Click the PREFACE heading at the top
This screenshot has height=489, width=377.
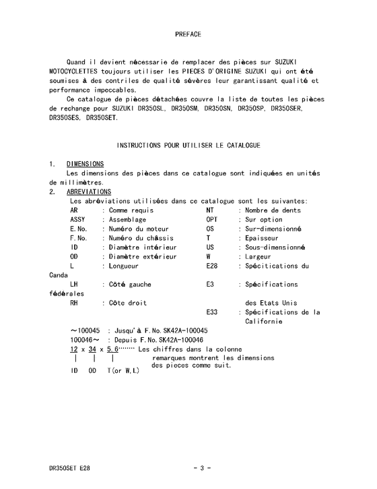pyautogui.click(x=188, y=34)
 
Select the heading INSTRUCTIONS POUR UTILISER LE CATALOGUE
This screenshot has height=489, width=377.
pyautogui.click(x=188, y=145)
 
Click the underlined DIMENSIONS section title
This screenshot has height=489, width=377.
pyautogui.click(x=85, y=164)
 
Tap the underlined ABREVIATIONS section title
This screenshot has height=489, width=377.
pyautogui.click(x=89, y=192)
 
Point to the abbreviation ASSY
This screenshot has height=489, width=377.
pyautogui.click(x=77, y=220)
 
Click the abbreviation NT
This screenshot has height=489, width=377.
pyautogui.click(x=210, y=210)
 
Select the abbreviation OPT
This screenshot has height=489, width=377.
pyautogui.click(x=212, y=220)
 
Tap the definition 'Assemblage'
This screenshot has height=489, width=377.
pyautogui.click(x=128, y=220)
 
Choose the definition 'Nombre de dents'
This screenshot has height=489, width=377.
pyautogui.click(x=273, y=210)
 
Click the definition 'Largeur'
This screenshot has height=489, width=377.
pyautogui.click(x=260, y=256)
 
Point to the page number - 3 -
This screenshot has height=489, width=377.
pyautogui.click(x=203, y=468)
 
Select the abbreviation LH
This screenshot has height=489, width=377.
pyautogui.click(x=74, y=285)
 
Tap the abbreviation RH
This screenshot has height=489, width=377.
pyautogui.click(x=74, y=303)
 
